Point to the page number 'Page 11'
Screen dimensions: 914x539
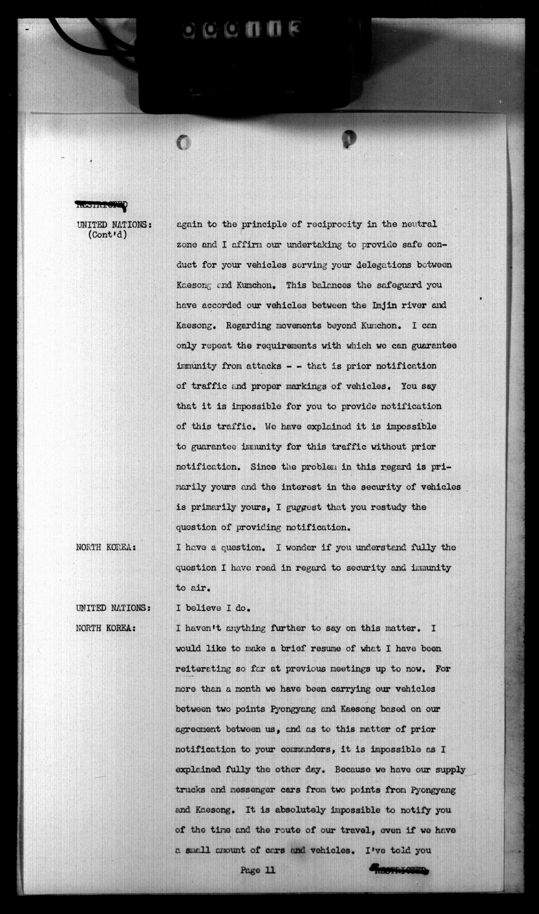tap(258, 870)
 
